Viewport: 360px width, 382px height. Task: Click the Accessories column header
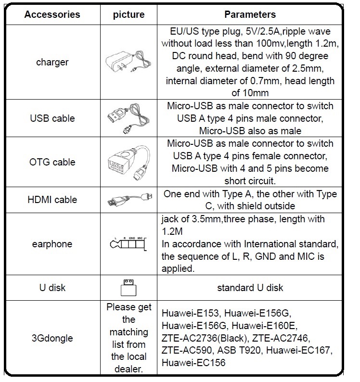coord(52,14)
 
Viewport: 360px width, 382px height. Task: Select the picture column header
coord(129,14)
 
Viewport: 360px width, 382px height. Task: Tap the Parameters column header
coord(250,14)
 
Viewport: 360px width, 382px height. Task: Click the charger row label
coord(52,62)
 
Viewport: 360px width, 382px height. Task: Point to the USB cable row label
coord(52,118)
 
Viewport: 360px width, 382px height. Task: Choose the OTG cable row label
coord(52,162)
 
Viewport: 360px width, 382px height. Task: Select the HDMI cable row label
coord(52,200)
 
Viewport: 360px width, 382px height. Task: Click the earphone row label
coord(52,244)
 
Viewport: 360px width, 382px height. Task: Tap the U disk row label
coord(52,288)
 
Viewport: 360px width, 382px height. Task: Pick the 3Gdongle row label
coord(52,338)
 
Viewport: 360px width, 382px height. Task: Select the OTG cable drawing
coord(129,162)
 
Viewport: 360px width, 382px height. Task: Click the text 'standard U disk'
coord(250,288)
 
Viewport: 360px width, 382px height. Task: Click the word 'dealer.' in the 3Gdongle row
coord(129,369)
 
